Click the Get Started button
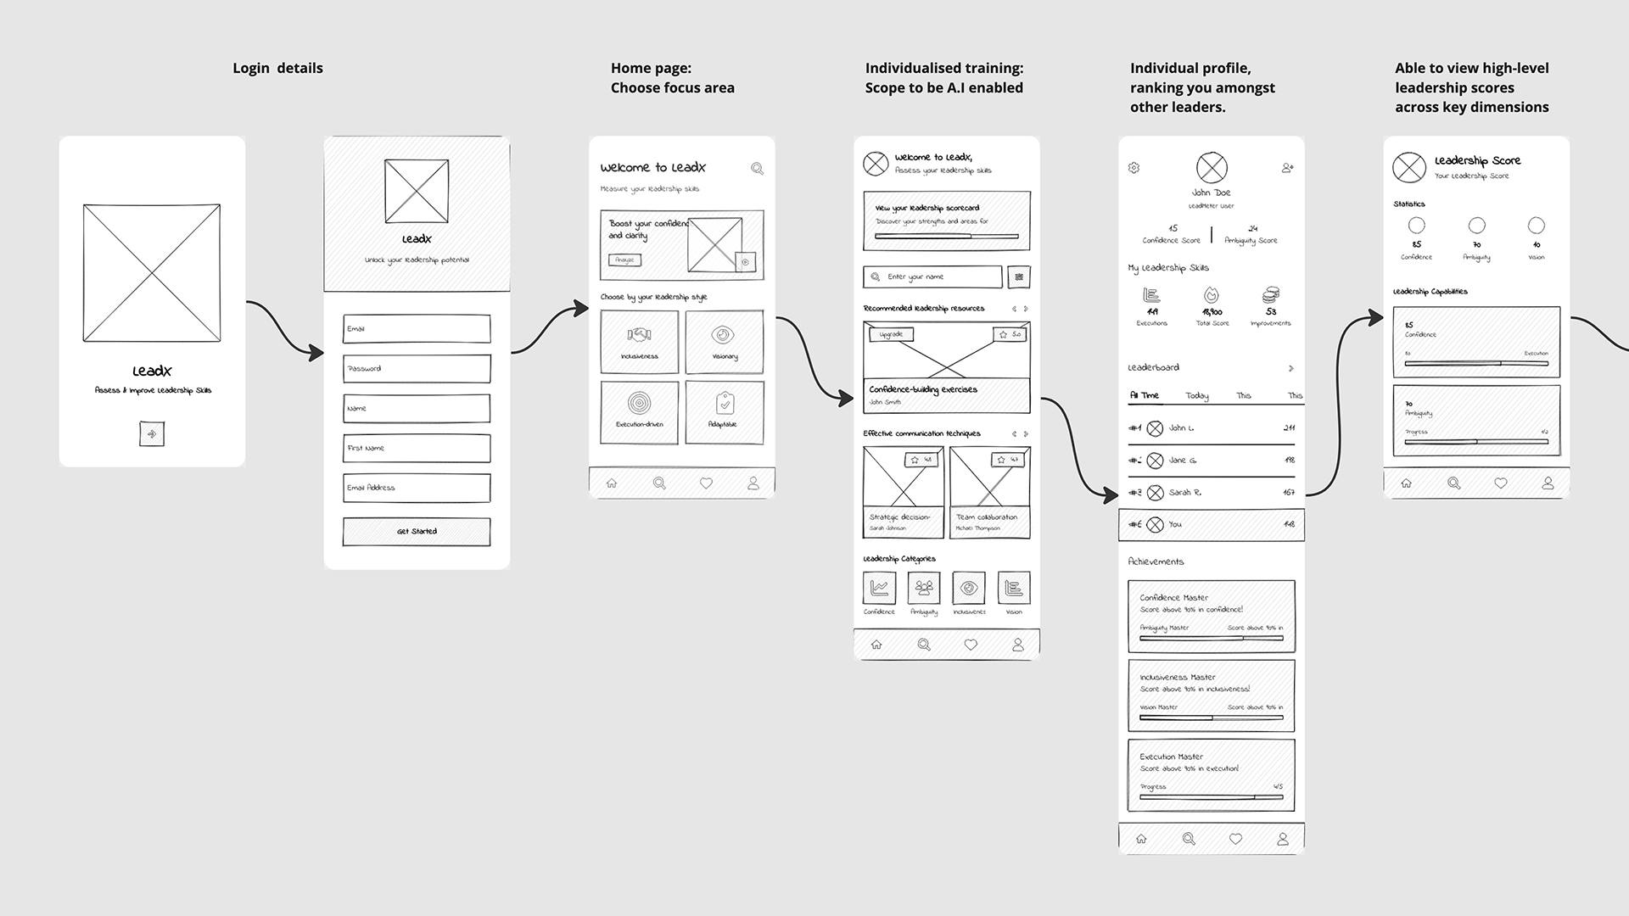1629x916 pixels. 417,532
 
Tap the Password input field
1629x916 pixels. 417,369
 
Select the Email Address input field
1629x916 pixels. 417,488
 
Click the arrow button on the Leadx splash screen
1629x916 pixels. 152,434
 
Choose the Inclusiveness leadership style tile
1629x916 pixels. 639,342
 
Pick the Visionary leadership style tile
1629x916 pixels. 725,342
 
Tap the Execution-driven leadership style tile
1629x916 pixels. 639,412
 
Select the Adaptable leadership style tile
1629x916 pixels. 725,412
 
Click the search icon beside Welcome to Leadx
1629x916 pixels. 757,169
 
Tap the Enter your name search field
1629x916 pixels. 933,277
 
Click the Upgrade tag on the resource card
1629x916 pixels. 891,334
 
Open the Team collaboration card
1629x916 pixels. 989,493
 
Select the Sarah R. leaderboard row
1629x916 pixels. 1211,493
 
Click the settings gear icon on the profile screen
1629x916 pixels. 1134,168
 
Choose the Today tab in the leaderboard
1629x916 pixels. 1197,396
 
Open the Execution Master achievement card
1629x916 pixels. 1211,775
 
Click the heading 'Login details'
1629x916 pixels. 277,68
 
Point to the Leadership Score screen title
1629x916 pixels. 1477,160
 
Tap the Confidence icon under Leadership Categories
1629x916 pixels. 879,588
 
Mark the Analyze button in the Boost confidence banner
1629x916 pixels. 624,260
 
